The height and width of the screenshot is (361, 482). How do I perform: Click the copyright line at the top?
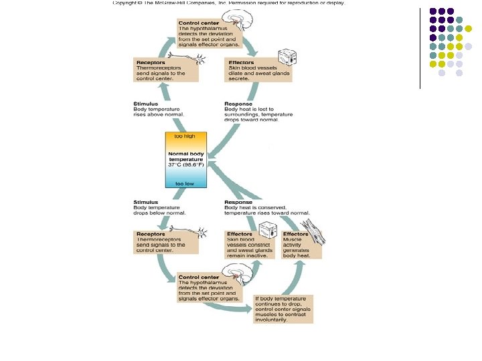[x=228, y=3]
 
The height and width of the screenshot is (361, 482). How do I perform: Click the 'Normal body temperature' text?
[x=187, y=158]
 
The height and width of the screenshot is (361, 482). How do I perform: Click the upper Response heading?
[x=239, y=104]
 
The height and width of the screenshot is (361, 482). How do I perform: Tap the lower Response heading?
[x=239, y=202]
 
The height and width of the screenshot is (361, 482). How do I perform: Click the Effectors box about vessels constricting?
[x=248, y=244]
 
